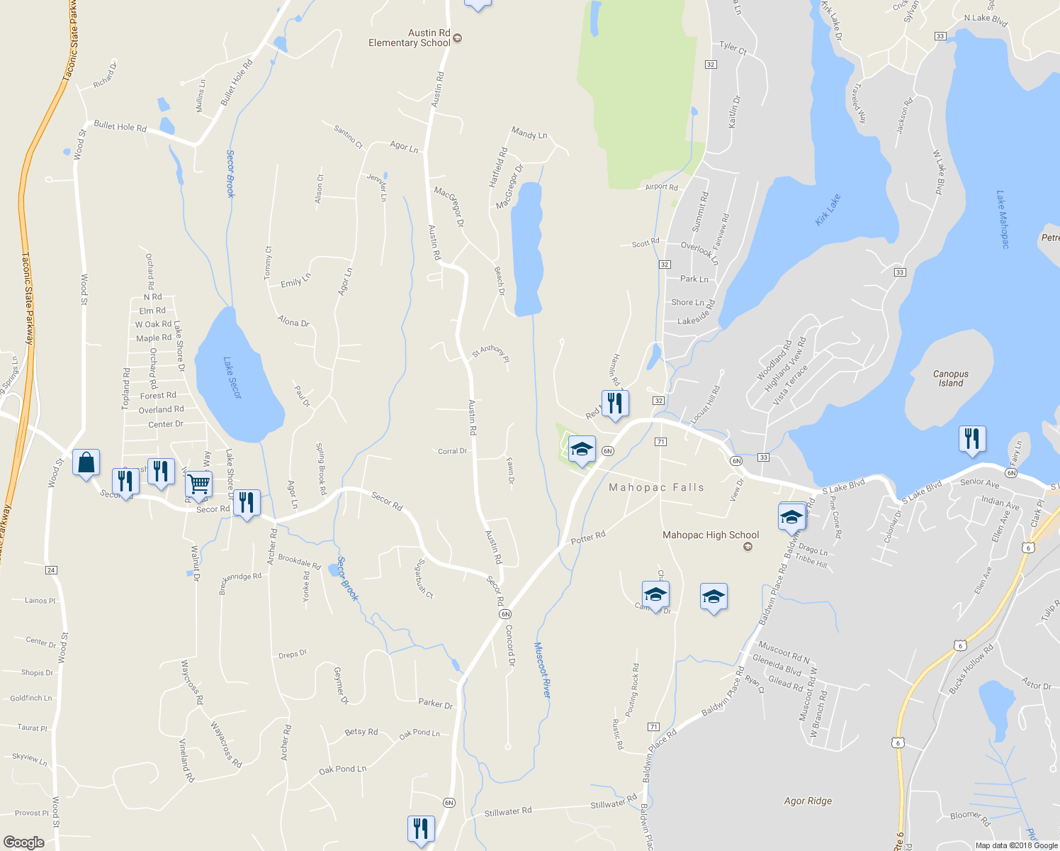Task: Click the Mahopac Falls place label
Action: pyautogui.click(x=656, y=488)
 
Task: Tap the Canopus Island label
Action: pyautogui.click(x=950, y=379)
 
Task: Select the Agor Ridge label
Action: pyautogui.click(x=808, y=801)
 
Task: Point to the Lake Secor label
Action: pyautogui.click(x=232, y=378)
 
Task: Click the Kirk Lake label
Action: pyautogui.click(x=828, y=210)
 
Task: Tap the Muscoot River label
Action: pyautogui.click(x=542, y=669)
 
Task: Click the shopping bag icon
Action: pyautogui.click(x=86, y=463)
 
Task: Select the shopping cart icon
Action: pyautogui.click(x=199, y=484)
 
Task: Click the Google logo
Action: pyautogui.click(x=23, y=842)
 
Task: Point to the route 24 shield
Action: pyautogui.click(x=51, y=570)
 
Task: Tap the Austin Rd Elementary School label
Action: pyautogui.click(x=410, y=38)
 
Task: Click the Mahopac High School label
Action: pyautogui.click(x=711, y=535)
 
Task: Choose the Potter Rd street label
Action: pyautogui.click(x=588, y=538)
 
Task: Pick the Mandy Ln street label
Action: pyautogui.click(x=529, y=133)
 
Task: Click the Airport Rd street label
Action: pyautogui.click(x=661, y=187)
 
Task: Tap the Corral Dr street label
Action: pyautogui.click(x=452, y=451)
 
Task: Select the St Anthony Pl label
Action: pyautogui.click(x=490, y=352)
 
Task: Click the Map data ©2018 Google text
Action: pyautogui.click(x=1016, y=845)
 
